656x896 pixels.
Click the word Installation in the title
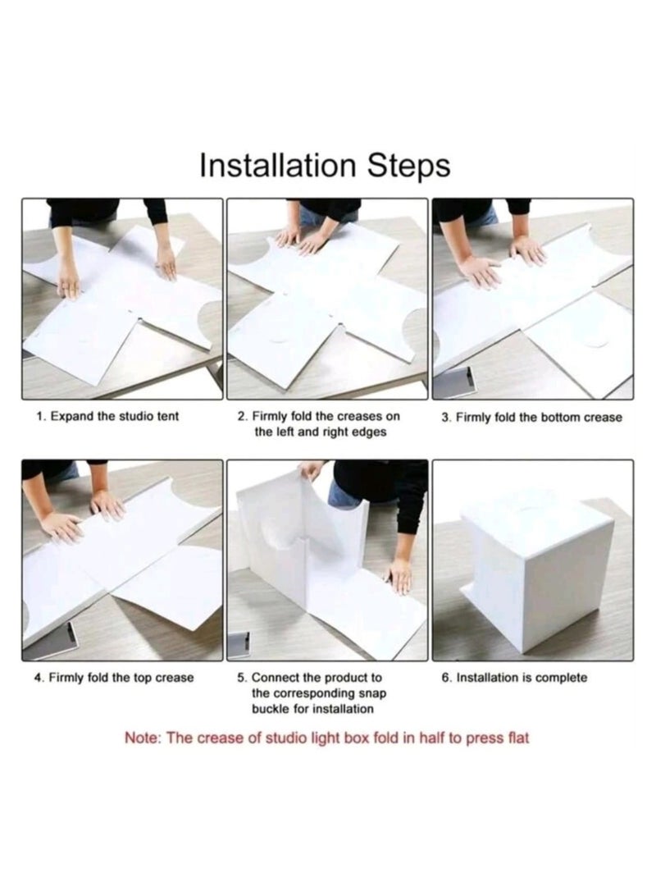tap(276, 165)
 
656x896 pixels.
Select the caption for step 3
tap(531, 418)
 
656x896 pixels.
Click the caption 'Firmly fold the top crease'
tap(114, 678)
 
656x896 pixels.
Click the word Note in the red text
tap(143, 738)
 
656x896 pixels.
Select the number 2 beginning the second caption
tap(241, 417)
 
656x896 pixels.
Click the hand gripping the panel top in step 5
tap(312, 471)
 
